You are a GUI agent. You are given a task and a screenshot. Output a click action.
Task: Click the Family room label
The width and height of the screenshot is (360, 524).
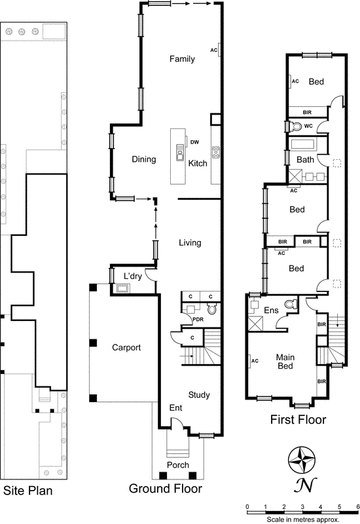(182, 60)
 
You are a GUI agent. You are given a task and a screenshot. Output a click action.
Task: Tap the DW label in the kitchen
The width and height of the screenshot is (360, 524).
(194, 142)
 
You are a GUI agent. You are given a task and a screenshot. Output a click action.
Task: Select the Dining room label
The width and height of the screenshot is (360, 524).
(144, 159)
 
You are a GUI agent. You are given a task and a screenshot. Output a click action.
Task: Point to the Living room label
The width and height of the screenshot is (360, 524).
(190, 243)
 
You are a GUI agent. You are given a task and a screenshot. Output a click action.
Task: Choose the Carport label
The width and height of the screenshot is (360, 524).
(126, 348)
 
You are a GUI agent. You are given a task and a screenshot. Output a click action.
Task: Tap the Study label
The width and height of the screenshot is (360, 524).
(199, 395)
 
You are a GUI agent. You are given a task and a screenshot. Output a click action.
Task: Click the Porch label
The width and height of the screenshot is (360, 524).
(178, 465)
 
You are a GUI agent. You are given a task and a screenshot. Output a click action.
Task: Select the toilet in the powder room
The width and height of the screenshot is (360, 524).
(211, 320)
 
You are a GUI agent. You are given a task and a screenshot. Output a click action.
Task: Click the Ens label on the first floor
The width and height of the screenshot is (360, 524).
(271, 310)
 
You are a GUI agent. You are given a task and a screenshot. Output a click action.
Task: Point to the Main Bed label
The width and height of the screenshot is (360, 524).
(284, 362)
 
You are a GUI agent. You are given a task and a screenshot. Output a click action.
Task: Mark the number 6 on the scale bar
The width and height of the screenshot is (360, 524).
(357, 507)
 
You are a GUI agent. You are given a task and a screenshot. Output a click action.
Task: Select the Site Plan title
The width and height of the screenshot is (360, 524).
(27, 490)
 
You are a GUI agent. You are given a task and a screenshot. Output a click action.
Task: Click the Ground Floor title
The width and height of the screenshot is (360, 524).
(166, 489)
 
